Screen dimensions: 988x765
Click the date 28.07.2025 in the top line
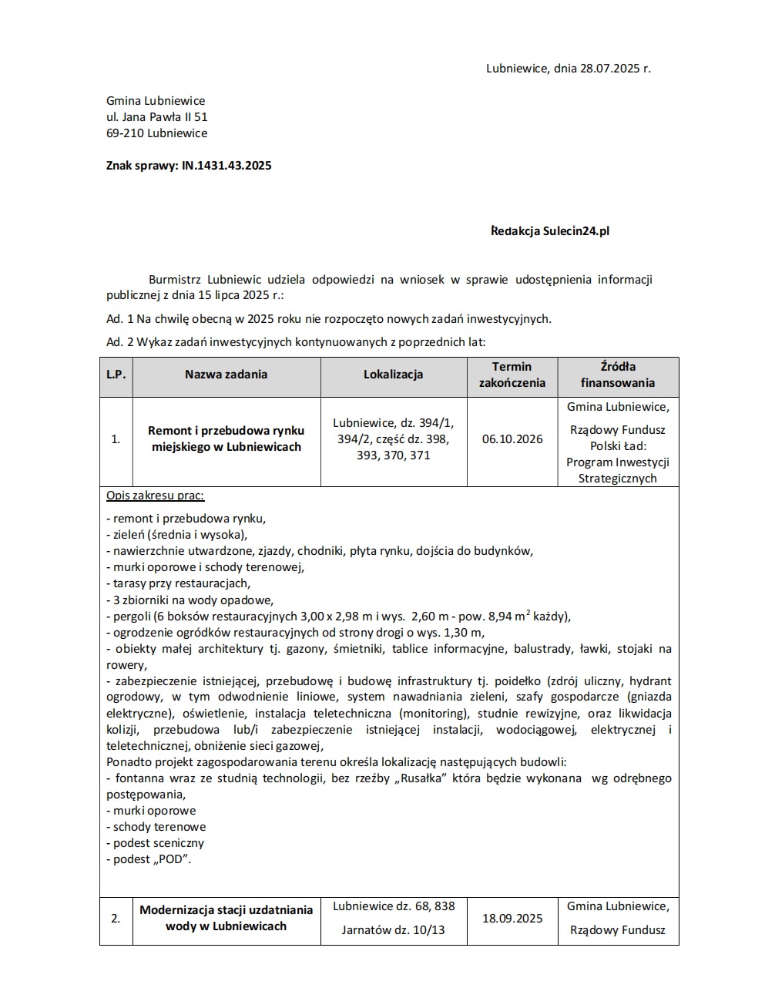[611, 68]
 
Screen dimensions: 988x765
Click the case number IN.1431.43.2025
[226, 166]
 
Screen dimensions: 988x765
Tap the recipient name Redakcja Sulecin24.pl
[550, 230]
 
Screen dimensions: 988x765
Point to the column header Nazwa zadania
[226, 375]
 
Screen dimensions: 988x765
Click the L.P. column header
[116, 375]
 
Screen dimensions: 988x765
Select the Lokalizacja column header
[393, 375]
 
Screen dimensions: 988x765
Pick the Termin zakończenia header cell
[512, 375]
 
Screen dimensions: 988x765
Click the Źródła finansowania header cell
[618, 375]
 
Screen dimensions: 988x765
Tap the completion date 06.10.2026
[512, 439]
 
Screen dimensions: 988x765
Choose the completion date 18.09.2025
[512, 918]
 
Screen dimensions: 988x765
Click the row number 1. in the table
[116, 439]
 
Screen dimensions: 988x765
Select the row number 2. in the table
[116, 918]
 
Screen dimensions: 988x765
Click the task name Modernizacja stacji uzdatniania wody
[226, 918]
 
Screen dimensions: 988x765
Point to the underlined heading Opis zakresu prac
[155, 496]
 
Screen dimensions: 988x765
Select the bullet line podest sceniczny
[155, 843]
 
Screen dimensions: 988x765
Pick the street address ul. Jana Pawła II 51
[157, 117]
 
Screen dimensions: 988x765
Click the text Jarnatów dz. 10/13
[393, 930]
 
